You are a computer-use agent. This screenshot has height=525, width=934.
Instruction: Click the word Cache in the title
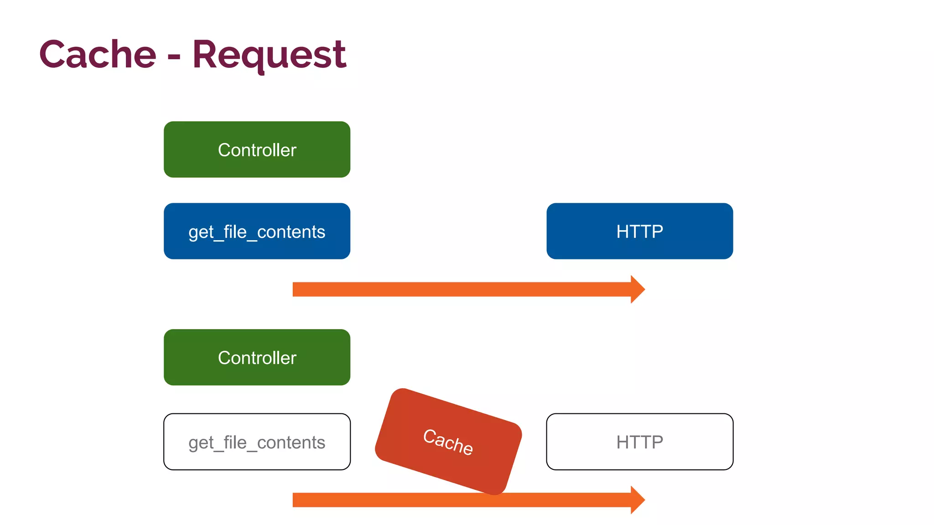98,55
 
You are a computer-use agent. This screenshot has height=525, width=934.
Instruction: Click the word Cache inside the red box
448,442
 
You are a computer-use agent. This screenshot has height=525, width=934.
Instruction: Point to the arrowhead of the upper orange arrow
638,289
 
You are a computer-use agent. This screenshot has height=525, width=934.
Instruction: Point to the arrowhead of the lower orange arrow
638,500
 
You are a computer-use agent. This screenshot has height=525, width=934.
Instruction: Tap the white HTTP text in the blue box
639,232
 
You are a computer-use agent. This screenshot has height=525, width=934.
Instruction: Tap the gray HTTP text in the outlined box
639,442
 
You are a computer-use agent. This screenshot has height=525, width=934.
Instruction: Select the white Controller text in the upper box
257,150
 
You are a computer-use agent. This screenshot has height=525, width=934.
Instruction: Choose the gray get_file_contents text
257,443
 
